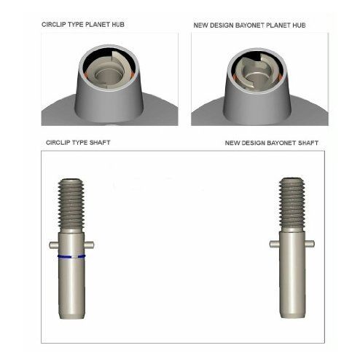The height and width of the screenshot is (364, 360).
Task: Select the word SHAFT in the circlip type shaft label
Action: [100, 143]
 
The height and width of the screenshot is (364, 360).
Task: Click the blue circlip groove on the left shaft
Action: [71, 256]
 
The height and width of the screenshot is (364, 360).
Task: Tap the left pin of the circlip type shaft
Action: [54, 245]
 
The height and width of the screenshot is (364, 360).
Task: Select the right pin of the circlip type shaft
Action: [89, 245]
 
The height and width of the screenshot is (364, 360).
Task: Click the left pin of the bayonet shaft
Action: [275, 243]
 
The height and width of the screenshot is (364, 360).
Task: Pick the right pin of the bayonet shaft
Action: [310, 243]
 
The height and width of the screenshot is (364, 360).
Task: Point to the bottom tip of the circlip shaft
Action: [72, 318]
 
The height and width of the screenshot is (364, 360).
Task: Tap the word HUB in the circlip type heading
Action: [118, 25]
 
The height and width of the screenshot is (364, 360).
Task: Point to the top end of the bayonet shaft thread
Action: [291, 178]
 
